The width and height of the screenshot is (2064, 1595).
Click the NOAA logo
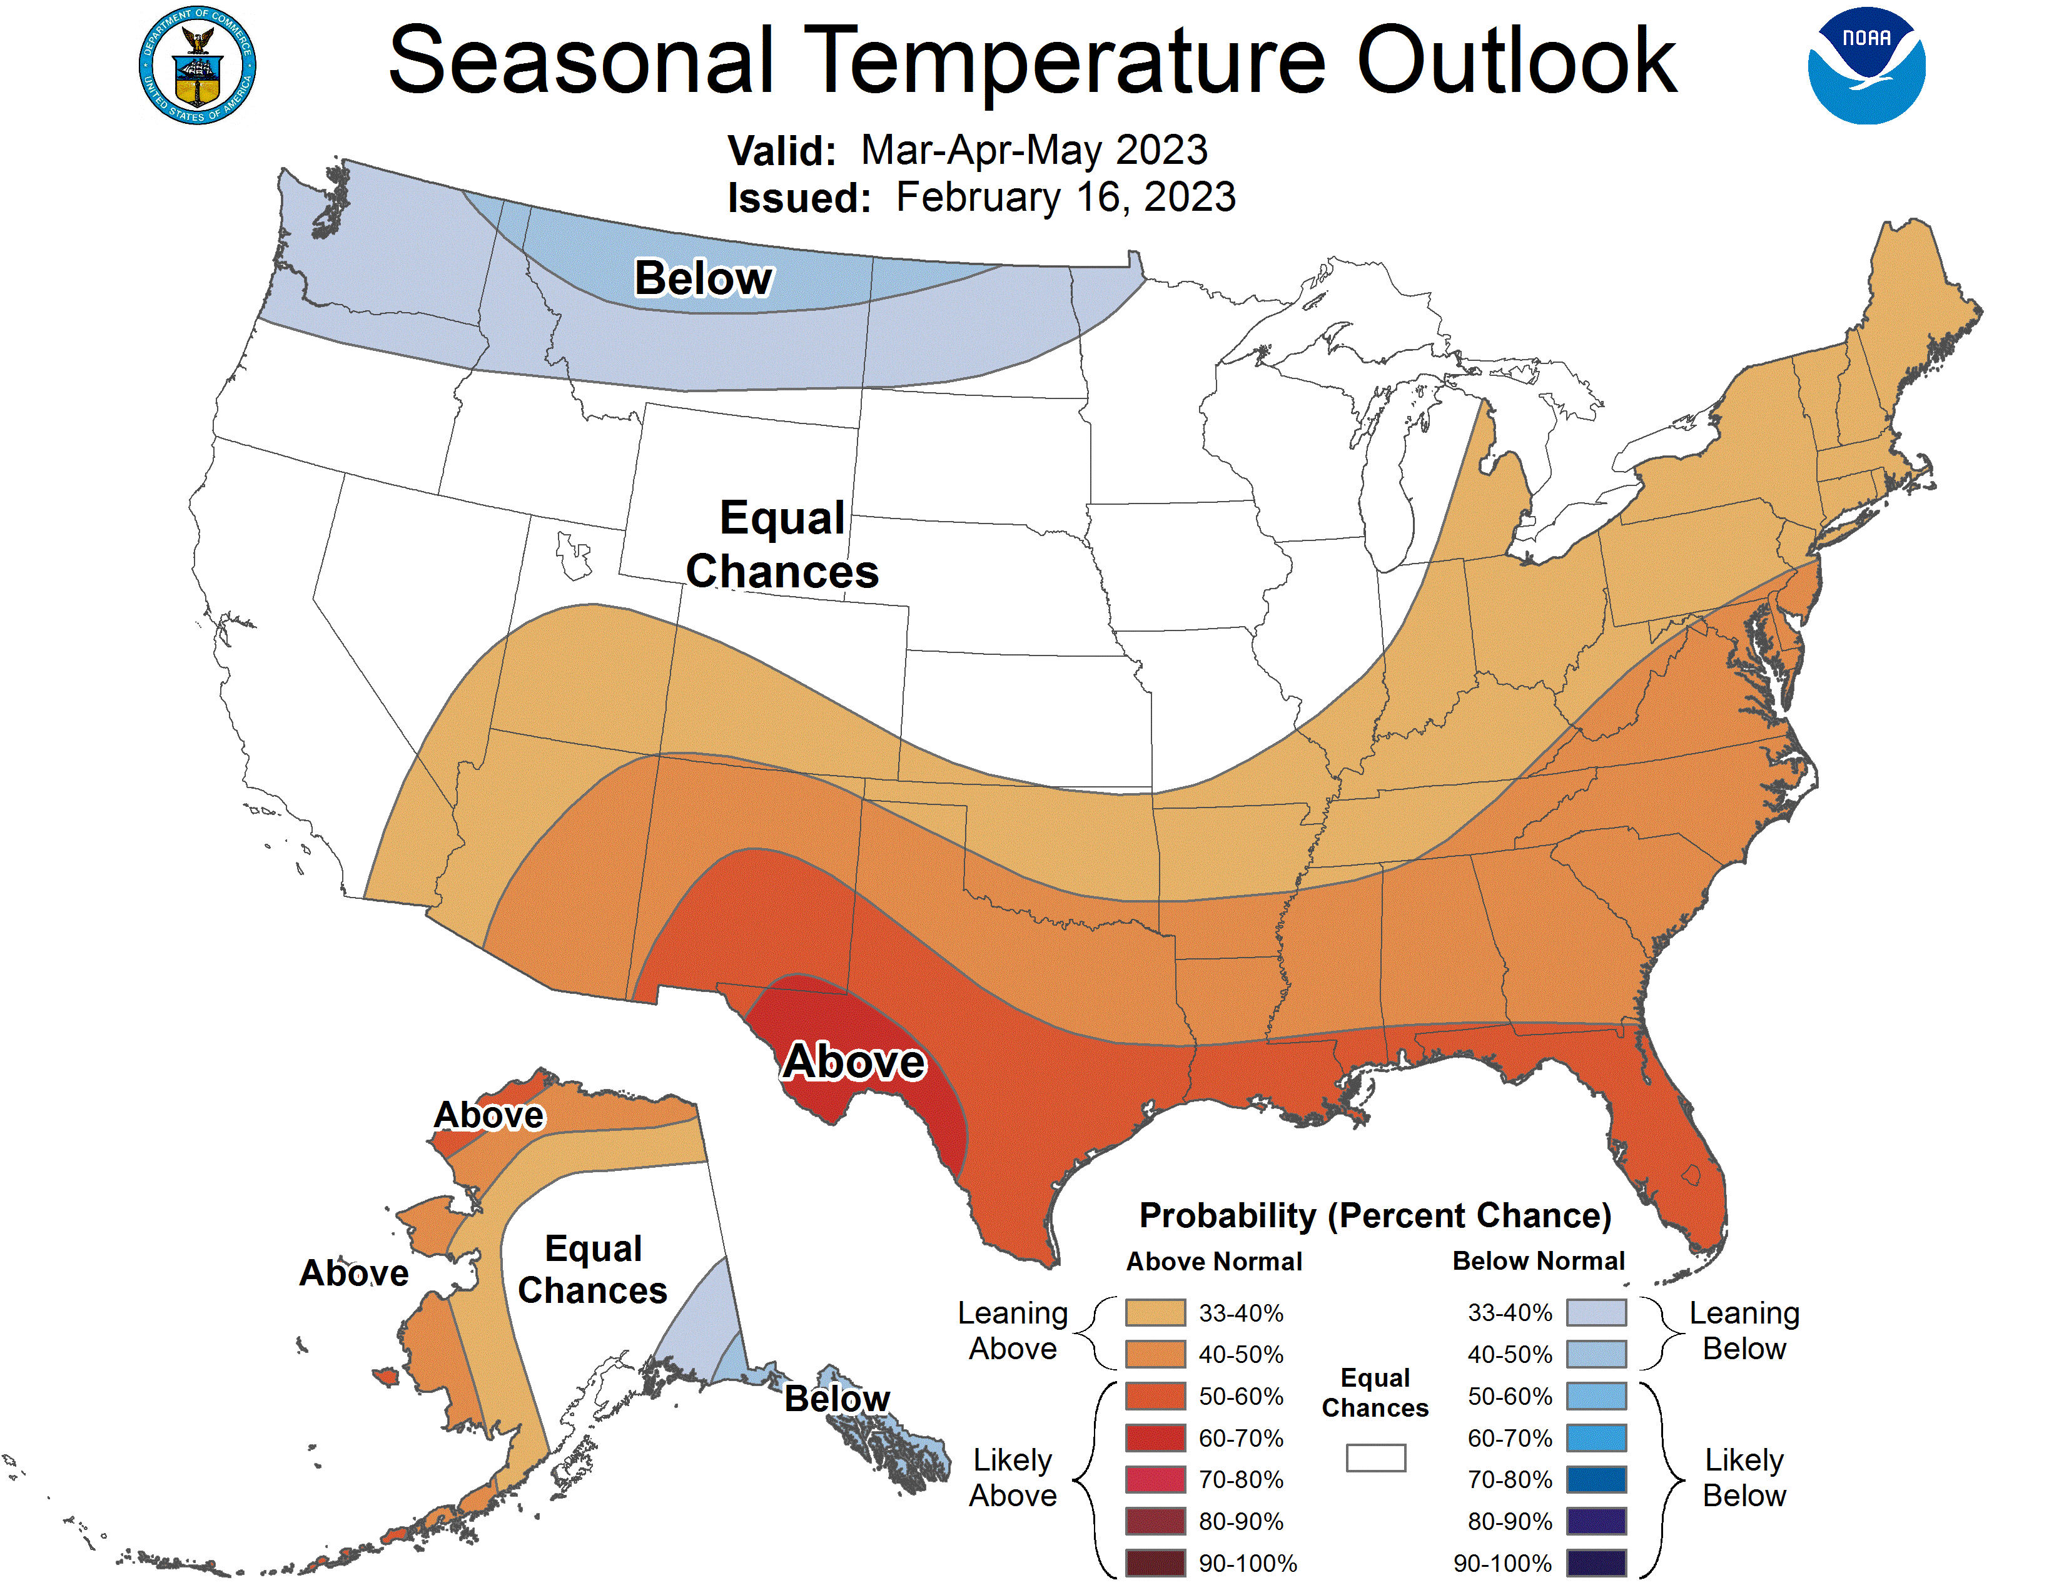tap(1866, 66)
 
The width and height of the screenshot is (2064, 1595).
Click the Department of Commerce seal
tap(198, 65)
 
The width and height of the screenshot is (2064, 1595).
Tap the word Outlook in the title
tap(1516, 63)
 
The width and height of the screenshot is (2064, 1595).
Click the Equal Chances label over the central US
tap(782, 544)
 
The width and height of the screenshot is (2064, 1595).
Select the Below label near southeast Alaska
tap(837, 1399)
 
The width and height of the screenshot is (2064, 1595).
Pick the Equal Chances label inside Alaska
tap(594, 1269)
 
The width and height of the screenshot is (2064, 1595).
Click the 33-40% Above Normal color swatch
tap(1155, 1312)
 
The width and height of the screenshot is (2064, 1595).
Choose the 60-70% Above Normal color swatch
tap(1155, 1437)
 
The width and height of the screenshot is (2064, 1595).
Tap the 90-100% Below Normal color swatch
tap(1596, 1563)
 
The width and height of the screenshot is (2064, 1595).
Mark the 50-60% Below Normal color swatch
tap(1596, 1395)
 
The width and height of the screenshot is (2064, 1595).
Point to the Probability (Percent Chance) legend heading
tap(1375, 1215)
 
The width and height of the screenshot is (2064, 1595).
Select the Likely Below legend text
tap(1744, 1478)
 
